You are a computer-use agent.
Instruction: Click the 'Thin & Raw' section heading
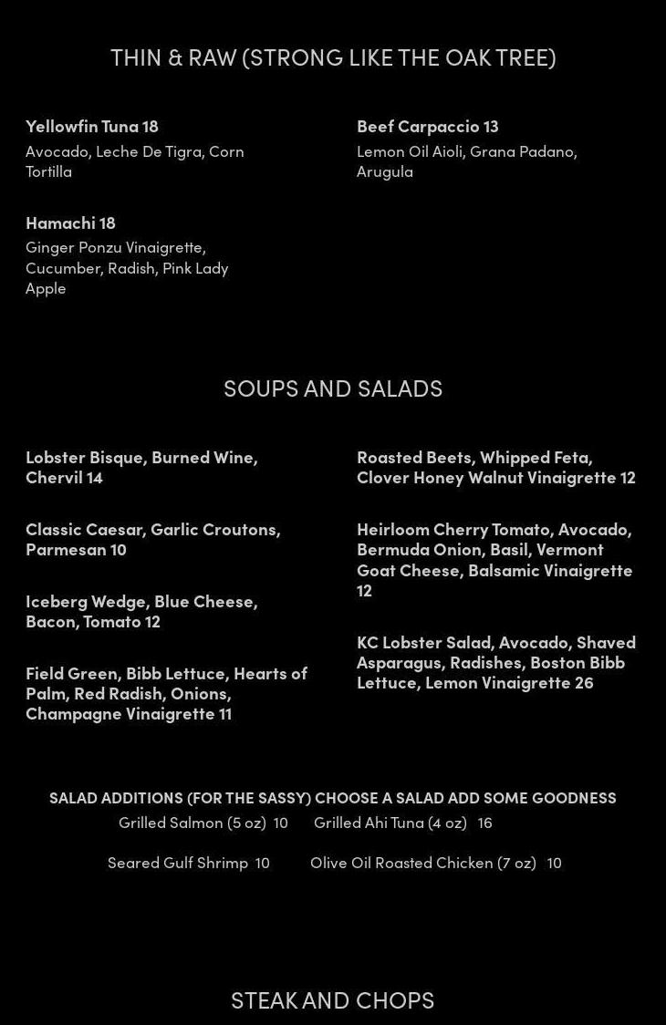click(333, 57)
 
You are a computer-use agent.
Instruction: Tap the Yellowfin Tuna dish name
click(82, 126)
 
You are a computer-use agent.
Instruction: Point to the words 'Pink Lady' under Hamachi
click(195, 267)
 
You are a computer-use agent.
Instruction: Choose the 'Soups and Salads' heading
click(333, 388)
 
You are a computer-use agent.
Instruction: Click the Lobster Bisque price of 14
click(95, 477)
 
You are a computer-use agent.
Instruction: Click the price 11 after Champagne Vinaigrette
click(224, 713)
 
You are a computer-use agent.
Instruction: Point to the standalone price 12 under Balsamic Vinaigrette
click(364, 590)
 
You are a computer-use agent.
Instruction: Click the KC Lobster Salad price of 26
click(583, 682)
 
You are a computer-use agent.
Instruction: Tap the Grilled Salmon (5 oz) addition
click(192, 823)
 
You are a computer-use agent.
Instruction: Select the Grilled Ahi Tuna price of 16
click(484, 823)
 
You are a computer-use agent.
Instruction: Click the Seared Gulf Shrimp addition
click(178, 863)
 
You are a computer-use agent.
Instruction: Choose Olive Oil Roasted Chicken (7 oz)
click(423, 863)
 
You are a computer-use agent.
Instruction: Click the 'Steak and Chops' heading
click(333, 999)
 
